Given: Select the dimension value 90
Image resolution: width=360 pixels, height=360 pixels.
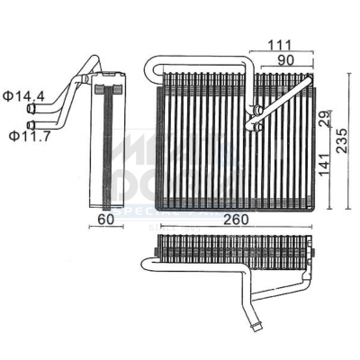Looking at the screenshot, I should (286, 59).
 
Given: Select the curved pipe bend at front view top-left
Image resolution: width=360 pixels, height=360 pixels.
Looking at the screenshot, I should (154, 69).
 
